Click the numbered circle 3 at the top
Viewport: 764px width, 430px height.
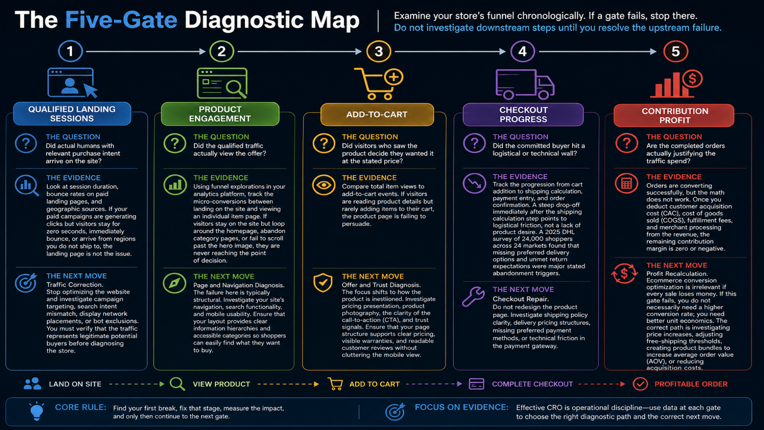[378, 52]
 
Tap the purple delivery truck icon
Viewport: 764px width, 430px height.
[525, 84]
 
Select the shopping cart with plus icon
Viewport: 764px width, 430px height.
[379, 84]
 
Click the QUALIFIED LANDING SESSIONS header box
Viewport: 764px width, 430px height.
[72, 114]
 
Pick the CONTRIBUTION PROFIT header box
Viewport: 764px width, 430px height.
[674, 115]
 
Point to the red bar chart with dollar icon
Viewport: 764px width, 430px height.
[676, 84]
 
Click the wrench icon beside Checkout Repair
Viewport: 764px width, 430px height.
[473, 296]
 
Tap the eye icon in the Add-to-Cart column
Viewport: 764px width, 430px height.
[324, 185]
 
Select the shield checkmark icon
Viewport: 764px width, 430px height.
[323, 282]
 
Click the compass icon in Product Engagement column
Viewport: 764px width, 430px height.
[174, 283]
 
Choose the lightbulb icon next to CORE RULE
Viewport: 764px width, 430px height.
[37, 411]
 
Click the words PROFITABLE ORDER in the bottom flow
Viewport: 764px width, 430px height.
[690, 384]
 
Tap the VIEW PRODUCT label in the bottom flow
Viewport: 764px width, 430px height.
[222, 384]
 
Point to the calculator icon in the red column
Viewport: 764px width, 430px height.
[626, 183]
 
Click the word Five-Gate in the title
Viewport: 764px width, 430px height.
[121, 20]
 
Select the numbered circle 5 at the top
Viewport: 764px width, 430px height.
[675, 52]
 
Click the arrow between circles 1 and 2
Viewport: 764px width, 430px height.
[146, 52]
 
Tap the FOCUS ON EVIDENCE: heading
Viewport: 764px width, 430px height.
[461, 407]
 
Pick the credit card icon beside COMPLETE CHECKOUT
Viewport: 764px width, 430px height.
[476, 384]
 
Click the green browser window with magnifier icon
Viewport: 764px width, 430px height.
[222, 83]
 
